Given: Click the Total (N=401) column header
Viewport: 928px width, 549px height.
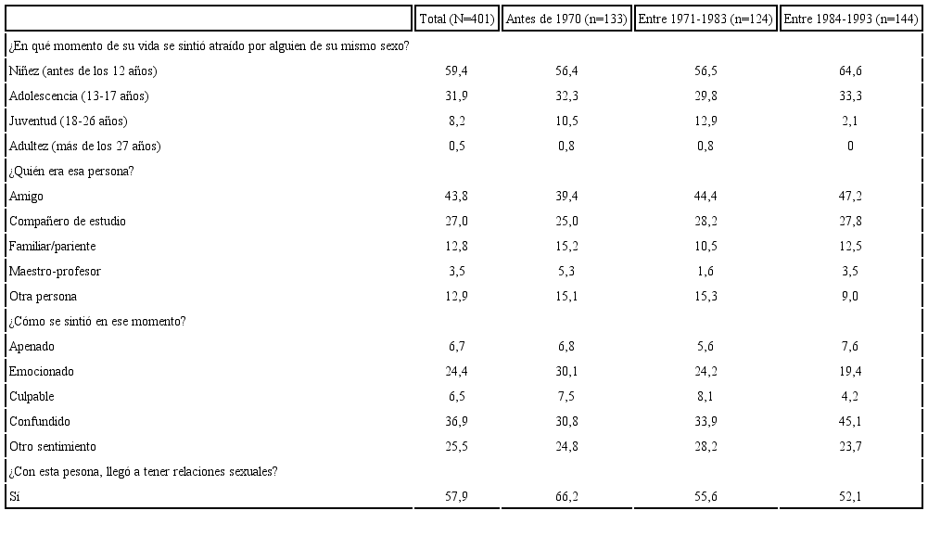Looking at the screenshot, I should [457, 19].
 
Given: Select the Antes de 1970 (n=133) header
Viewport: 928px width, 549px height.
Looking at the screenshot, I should [566, 19].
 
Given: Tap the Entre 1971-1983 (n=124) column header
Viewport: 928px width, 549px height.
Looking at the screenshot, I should [706, 19].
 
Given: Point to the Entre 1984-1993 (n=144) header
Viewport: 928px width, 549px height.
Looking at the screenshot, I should [850, 19].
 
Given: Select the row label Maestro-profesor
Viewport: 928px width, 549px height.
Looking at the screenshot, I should [55, 272].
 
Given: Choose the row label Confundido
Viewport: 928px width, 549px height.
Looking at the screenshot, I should [40, 422].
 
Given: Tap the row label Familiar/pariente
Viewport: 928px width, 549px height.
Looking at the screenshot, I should [52, 247].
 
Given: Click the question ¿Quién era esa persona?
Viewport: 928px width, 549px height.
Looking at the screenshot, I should [72, 171].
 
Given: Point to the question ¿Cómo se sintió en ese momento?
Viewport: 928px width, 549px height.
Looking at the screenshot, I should [97, 322].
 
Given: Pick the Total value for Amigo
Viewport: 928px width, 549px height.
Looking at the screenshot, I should [457, 197].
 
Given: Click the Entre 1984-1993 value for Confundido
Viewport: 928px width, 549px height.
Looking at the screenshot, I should [850, 422].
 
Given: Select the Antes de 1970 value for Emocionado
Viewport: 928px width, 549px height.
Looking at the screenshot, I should [566, 372].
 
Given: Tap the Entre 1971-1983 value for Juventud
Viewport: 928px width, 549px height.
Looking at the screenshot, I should [706, 121].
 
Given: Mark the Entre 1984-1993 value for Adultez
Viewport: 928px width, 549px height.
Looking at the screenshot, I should [850, 147].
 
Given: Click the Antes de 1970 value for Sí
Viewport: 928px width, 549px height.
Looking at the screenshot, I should [566, 497].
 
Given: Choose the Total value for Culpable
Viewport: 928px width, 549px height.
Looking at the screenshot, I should [457, 397].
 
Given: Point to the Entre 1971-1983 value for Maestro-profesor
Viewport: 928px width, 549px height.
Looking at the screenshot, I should [706, 272].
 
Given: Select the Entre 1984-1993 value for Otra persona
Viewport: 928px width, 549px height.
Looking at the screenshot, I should [850, 297].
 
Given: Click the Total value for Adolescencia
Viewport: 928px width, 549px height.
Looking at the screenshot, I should [457, 96].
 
